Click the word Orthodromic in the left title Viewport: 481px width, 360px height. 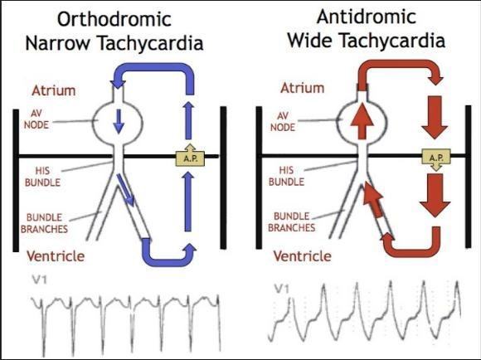pyautogui.click(x=114, y=19)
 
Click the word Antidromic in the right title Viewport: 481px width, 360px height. pyautogui.click(x=367, y=17)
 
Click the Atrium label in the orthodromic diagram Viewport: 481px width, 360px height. pyautogui.click(x=54, y=90)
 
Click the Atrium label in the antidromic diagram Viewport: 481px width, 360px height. pyautogui.click(x=302, y=88)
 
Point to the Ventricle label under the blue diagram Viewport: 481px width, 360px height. pyautogui.click(x=56, y=256)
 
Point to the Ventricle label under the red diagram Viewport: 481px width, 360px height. pyautogui.click(x=302, y=256)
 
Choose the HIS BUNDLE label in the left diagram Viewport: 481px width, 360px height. pyautogui.click(x=42, y=177)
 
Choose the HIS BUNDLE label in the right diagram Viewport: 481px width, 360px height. pyautogui.click(x=286, y=176)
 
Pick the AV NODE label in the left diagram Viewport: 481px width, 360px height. pyautogui.click(x=36, y=119)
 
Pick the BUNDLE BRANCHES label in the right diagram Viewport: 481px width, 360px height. pyautogui.click(x=291, y=222)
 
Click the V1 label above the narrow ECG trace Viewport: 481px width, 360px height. pyautogui.click(x=39, y=280)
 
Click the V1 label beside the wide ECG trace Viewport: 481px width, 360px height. pyautogui.click(x=282, y=289)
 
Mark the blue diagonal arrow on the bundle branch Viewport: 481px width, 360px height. pyautogui.click(x=126, y=189)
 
